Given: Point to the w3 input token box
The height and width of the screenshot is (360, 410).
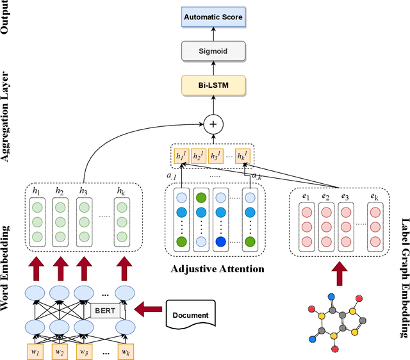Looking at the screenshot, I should [83, 352].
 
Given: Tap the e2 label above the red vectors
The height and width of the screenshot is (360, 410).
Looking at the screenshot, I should [325, 197].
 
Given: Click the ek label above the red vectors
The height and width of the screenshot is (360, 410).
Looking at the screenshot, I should [375, 197].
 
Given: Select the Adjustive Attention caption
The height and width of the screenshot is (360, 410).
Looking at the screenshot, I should [217, 269].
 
